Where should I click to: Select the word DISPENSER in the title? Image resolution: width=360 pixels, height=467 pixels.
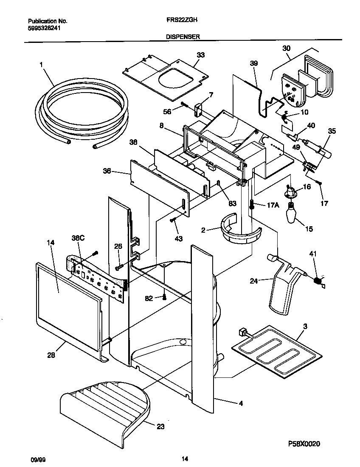(183, 37)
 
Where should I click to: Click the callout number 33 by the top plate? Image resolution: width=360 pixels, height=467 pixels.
(200, 55)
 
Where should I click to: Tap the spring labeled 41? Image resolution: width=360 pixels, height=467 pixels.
(316, 281)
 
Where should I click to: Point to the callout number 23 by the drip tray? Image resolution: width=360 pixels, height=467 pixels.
(160, 427)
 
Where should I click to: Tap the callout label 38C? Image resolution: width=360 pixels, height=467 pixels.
(78, 239)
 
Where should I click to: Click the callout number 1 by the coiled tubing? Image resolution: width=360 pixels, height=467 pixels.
(41, 65)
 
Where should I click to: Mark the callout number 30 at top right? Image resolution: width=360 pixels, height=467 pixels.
(286, 48)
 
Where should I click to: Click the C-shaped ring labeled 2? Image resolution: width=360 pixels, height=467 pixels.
(240, 233)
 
